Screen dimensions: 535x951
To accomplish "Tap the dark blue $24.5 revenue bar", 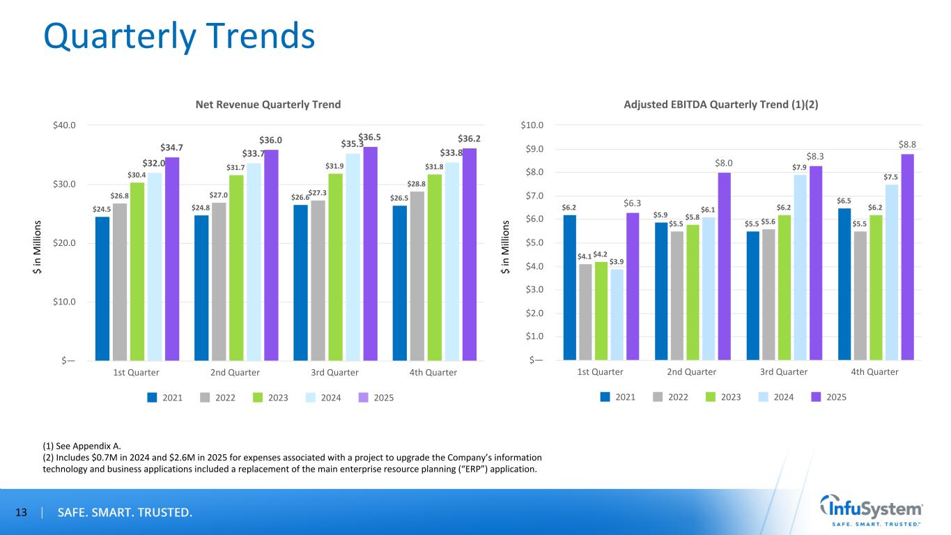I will tap(102, 288).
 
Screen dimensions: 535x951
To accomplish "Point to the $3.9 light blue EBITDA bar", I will tap(617, 314).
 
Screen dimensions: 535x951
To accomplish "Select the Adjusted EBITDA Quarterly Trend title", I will tap(730, 104).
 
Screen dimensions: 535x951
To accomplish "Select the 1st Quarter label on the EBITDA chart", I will tap(601, 372).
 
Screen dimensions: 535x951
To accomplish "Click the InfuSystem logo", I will tap(872, 511).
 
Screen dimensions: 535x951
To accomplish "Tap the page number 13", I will tap(21, 513).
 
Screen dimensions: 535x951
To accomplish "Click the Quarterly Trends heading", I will tap(179, 36).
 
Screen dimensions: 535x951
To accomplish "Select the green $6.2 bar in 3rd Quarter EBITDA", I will tap(784, 287).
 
